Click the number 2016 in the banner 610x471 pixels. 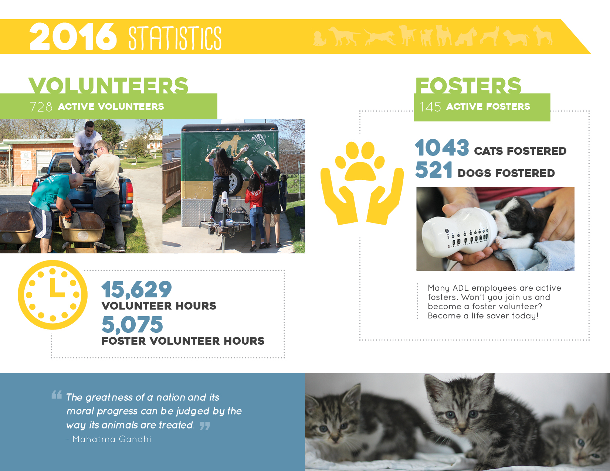(73, 37)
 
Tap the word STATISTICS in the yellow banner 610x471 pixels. (175, 38)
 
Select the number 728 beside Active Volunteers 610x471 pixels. (41, 107)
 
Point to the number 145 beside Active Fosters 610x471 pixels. (430, 107)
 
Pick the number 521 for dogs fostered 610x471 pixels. (433, 170)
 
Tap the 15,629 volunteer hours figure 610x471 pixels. (136, 290)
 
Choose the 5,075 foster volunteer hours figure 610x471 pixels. (132, 324)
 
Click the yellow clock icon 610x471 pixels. (52, 294)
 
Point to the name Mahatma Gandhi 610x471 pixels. (112, 439)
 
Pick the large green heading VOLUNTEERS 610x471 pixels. (108, 85)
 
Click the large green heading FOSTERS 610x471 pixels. (468, 85)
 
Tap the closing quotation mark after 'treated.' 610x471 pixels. (205, 426)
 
